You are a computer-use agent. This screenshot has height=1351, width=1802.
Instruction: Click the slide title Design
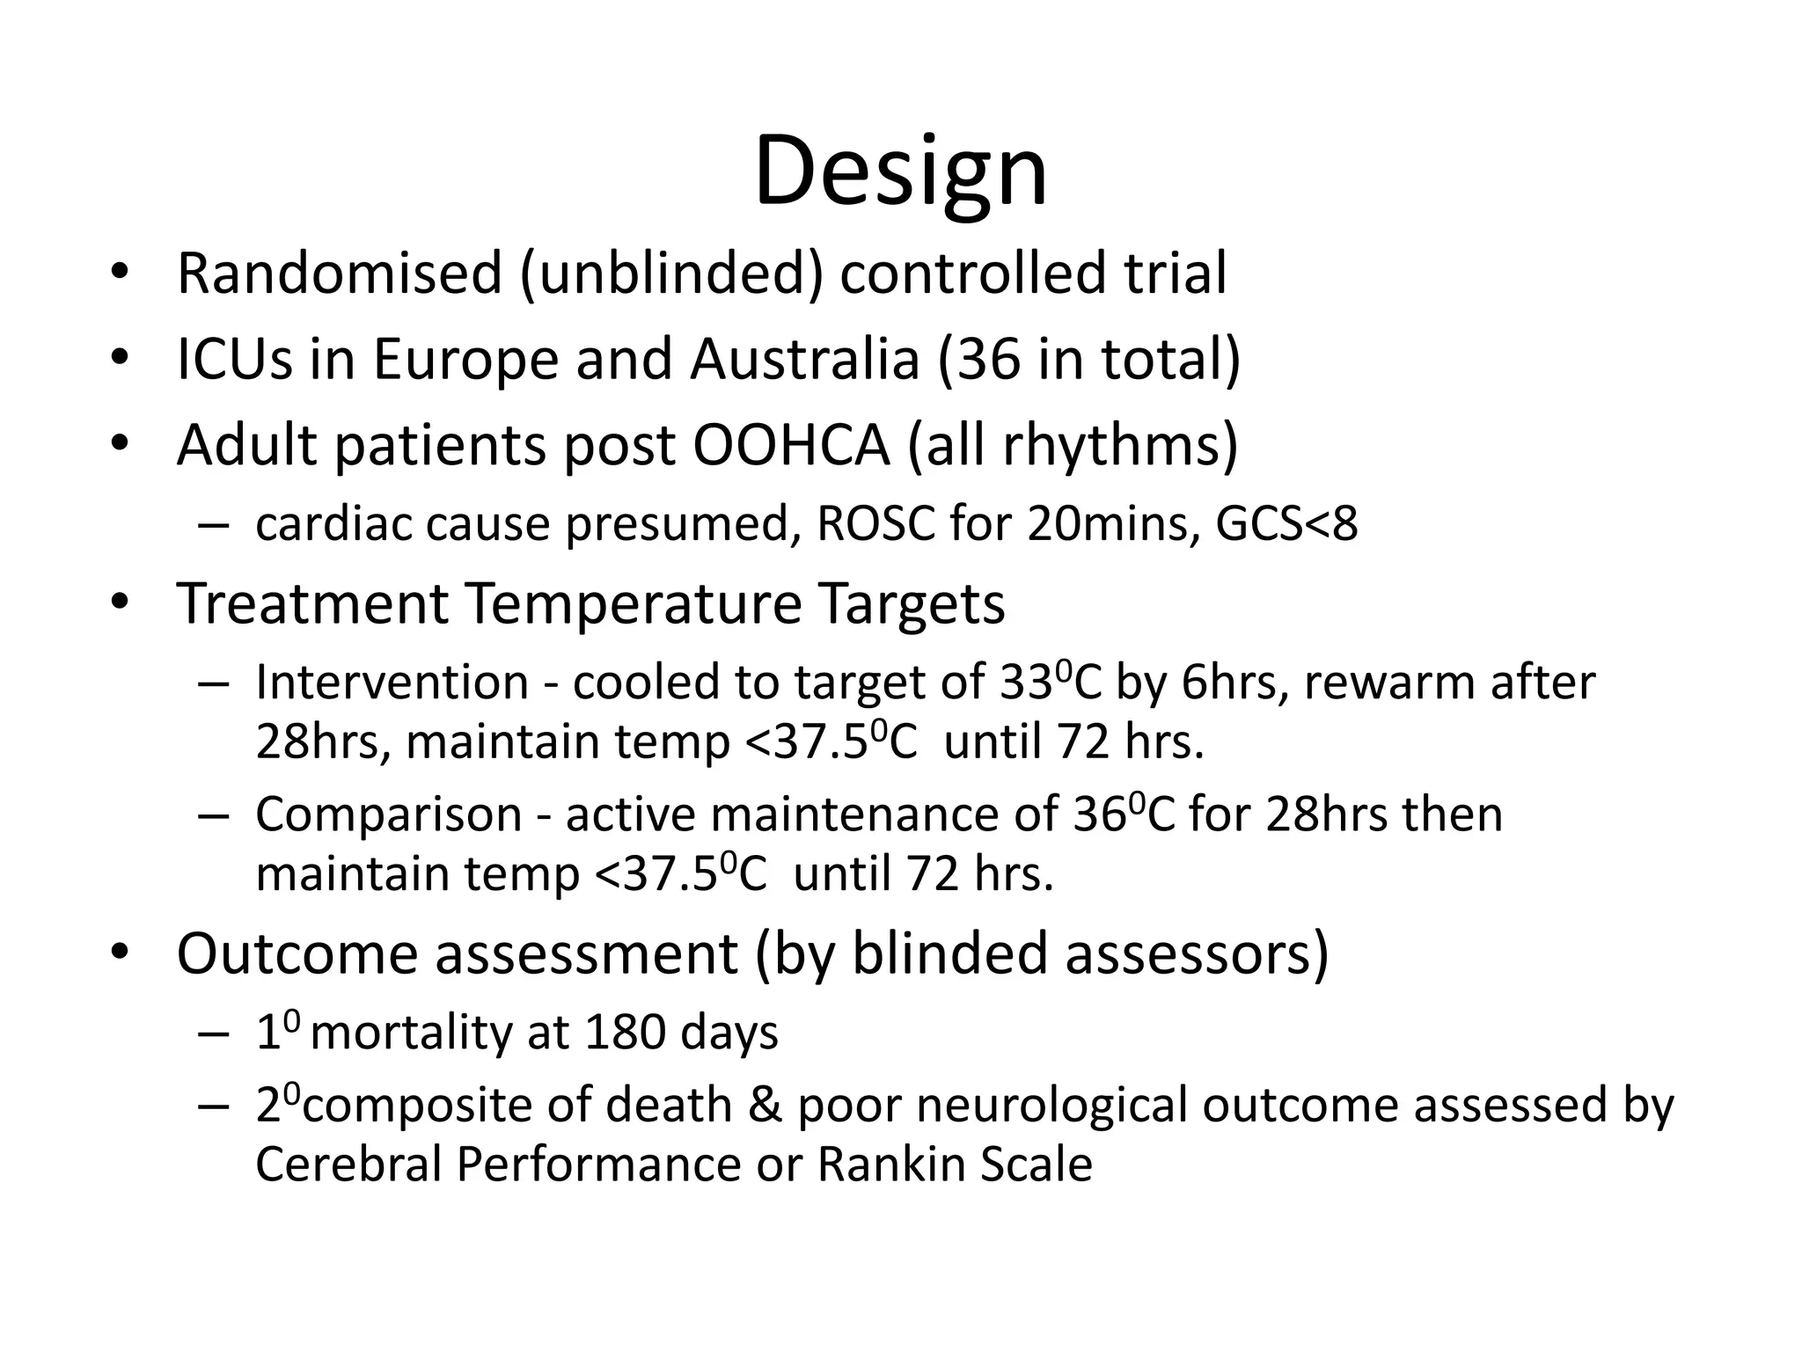901,172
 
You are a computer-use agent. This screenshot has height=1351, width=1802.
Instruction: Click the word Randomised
339,273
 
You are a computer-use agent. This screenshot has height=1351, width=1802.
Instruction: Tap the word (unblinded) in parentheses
673,273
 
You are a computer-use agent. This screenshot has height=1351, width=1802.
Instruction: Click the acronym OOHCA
791,445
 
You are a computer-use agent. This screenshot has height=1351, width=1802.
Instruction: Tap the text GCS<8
1286,524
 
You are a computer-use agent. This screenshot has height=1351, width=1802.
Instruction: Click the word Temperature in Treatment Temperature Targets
633,603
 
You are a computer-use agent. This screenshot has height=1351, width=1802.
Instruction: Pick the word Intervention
392,683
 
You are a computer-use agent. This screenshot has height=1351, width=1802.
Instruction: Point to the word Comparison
389,814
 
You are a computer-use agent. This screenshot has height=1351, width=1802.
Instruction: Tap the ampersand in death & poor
764,1105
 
